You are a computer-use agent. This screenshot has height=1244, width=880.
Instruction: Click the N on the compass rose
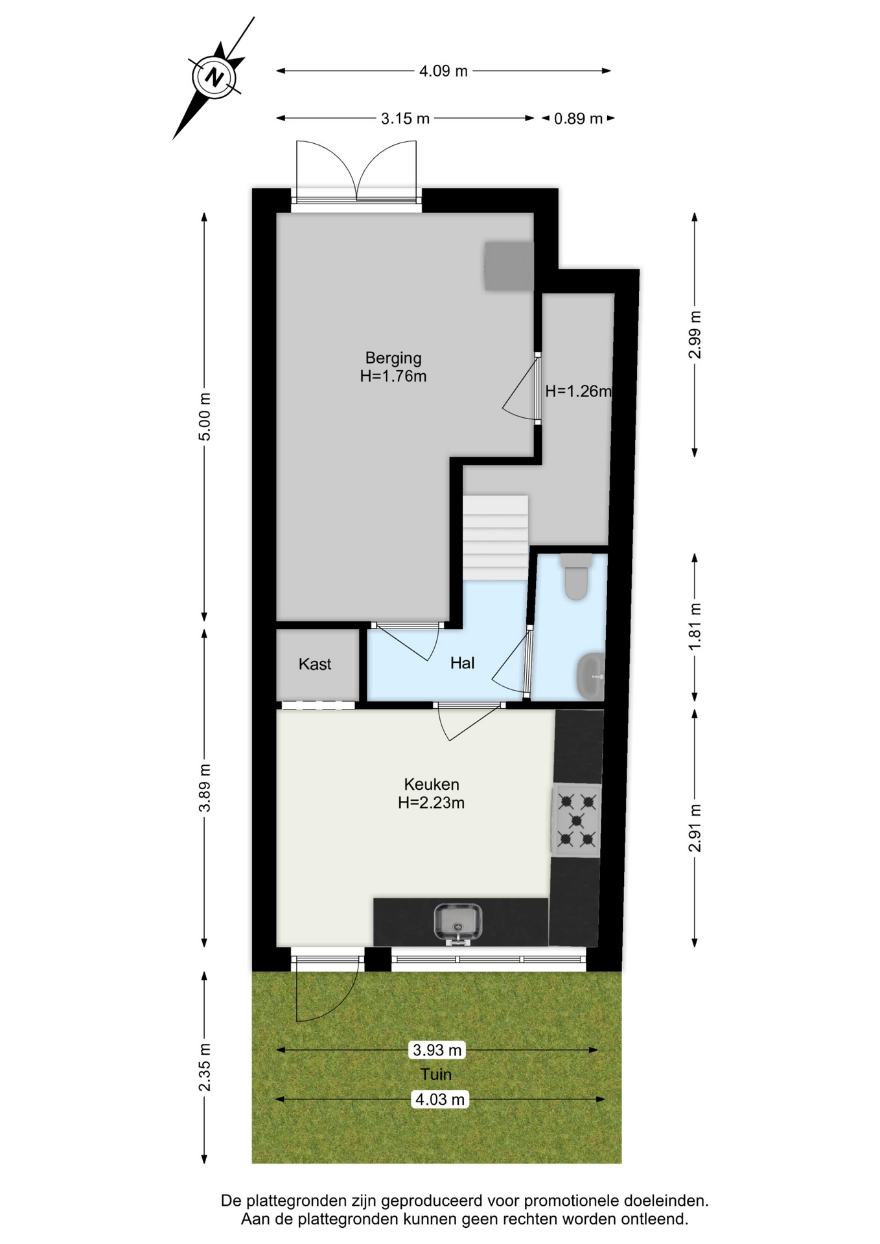coord(214,78)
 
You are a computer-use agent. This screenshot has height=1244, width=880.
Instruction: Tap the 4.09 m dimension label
coord(443,71)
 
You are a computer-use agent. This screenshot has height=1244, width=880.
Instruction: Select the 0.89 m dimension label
coord(578,119)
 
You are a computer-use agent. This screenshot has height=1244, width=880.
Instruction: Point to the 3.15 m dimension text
coord(405,119)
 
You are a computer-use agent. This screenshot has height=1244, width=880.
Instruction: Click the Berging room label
coord(393,358)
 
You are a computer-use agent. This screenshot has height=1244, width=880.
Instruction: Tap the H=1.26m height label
coord(578,391)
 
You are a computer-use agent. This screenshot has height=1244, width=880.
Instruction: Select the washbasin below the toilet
coord(590,676)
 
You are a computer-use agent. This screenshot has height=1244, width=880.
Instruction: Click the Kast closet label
coord(315,664)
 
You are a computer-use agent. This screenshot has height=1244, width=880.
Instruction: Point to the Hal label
coord(462,663)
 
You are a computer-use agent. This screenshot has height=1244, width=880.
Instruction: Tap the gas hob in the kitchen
coord(576,821)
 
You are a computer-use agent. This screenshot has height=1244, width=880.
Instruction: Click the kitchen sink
coord(457,923)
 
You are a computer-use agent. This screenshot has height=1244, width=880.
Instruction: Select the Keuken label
coord(432,785)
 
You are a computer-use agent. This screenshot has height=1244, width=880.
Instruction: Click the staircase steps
coord(495,538)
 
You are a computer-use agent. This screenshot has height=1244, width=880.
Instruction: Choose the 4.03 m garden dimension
coord(439,1100)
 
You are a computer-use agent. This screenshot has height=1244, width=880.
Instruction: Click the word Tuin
coord(435,1075)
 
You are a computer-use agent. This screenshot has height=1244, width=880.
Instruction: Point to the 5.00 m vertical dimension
coord(204,417)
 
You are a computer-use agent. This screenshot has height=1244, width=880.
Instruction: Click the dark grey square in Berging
coord(509,266)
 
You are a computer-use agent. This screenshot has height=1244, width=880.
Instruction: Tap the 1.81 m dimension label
coord(695,627)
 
